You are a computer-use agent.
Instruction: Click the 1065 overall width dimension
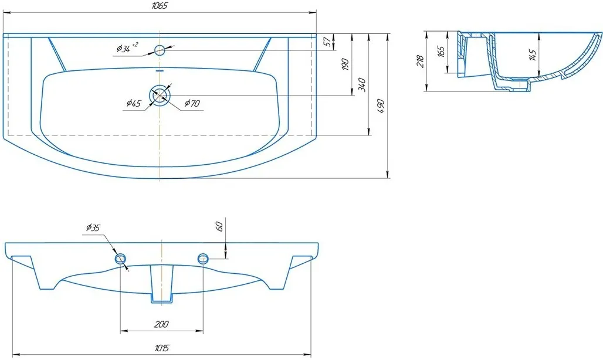160,6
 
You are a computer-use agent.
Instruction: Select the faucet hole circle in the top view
160,50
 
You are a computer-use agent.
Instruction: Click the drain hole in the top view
160,96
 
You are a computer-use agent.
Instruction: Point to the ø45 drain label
134,103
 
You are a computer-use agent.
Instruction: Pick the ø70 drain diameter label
192,103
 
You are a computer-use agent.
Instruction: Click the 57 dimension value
327,42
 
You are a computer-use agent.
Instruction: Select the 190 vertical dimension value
345,64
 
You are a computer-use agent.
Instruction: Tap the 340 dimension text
362,84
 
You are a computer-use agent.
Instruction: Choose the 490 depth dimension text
380,106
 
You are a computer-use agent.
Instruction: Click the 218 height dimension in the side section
420,62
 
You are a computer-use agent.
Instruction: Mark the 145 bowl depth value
533,55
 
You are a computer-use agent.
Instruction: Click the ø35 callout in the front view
93,228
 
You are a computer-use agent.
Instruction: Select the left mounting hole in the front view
121,259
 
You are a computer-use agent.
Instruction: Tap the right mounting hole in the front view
203,259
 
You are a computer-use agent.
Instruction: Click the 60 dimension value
219,227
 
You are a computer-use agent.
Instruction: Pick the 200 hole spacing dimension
161,325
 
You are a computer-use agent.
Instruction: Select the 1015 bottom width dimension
162,348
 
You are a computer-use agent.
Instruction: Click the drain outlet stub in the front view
161,284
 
